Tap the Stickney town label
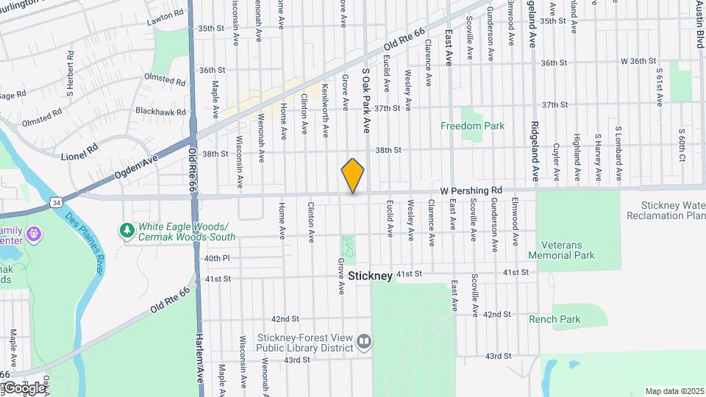tap(371, 276)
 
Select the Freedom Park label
tap(472, 126)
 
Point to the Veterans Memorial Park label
tap(567, 250)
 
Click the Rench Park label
tap(555, 319)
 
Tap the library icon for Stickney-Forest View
tap(364, 340)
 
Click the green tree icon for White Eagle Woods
tap(126, 230)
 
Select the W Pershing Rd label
tap(471, 190)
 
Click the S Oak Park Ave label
tap(365, 101)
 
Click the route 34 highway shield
tap(56, 201)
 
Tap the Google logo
tap(24, 387)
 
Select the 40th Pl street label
tap(217, 258)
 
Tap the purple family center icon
tap(33, 235)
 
